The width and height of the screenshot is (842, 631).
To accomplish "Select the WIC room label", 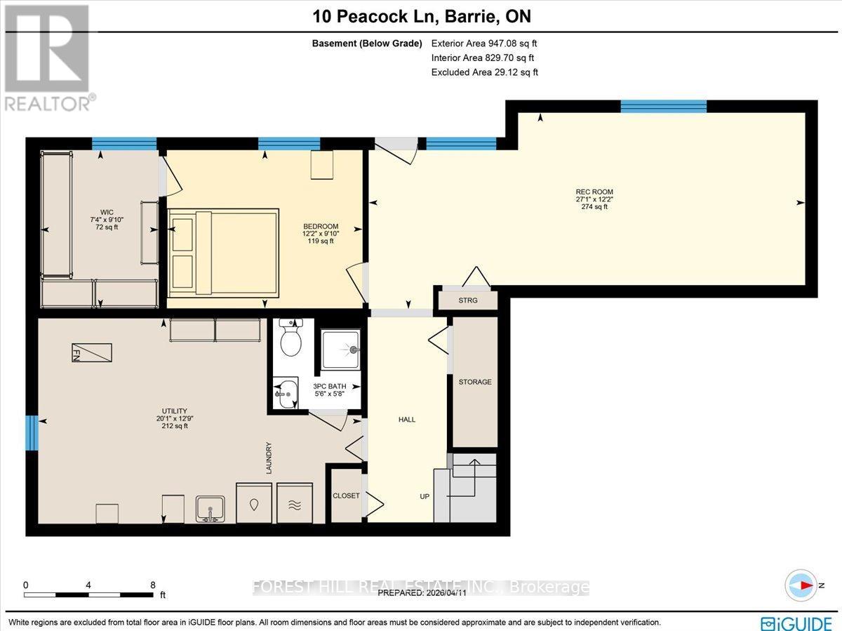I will pyautogui.click(x=107, y=213).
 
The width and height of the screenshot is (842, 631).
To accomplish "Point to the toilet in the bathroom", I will pyautogui.click(x=290, y=340).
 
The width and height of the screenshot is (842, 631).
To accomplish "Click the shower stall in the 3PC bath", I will pyautogui.click(x=340, y=349).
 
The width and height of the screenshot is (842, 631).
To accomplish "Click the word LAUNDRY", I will pyautogui.click(x=269, y=458).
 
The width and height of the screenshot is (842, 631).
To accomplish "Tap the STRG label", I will pyautogui.click(x=467, y=300).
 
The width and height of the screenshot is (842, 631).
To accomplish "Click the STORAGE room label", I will pyautogui.click(x=475, y=382).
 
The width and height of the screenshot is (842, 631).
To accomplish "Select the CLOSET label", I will pyautogui.click(x=347, y=496).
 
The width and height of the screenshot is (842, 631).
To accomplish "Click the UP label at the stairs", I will pyautogui.click(x=425, y=496).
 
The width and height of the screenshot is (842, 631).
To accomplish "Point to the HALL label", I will pyautogui.click(x=407, y=420).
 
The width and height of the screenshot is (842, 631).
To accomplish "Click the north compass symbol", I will pyautogui.click(x=801, y=585).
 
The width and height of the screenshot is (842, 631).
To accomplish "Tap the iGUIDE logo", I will pyautogui.click(x=798, y=623).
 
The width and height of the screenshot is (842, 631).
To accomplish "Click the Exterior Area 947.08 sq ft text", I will pyautogui.click(x=485, y=44).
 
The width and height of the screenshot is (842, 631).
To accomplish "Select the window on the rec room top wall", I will pyautogui.click(x=663, y=106).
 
